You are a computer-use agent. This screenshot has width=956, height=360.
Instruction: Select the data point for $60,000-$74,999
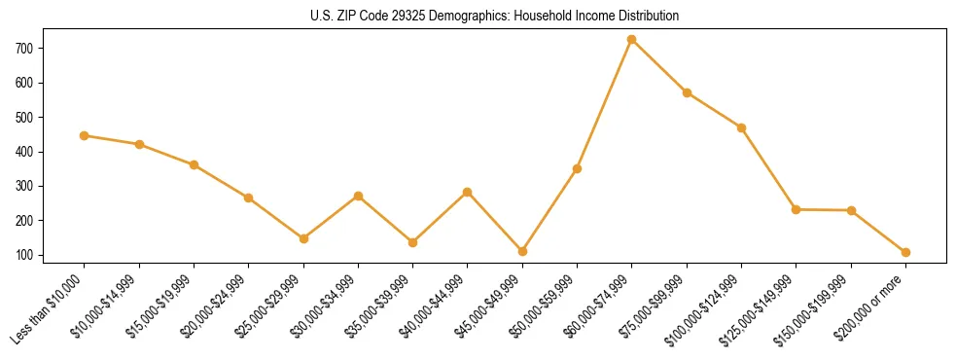click(632, 40)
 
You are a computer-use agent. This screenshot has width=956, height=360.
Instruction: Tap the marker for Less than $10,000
click(85, 135)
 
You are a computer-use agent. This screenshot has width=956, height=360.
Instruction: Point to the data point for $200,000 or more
click(905, 252)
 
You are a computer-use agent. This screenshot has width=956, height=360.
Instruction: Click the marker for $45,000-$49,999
click(522, 251)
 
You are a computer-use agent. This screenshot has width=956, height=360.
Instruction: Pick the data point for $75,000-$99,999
click(687, 92)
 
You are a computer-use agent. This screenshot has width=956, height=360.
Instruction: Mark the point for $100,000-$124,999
click(741, 127)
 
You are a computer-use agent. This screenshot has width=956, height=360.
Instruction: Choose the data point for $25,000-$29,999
click(303, 238)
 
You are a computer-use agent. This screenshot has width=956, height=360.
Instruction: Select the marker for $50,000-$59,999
click(577, 168)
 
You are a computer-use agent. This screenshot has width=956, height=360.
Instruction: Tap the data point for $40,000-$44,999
click(468, 192)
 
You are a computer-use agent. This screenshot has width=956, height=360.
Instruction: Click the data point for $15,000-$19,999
click(194, 164)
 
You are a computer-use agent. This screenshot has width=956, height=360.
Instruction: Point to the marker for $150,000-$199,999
click(851, 210)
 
